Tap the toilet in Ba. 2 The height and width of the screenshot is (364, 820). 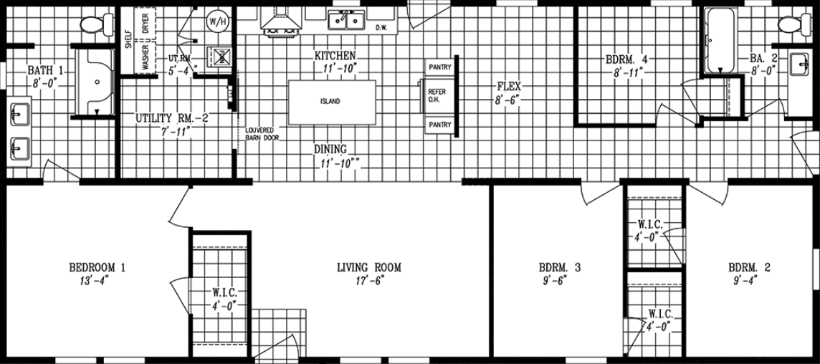(788, 24)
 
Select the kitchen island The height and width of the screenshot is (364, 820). (331, 102)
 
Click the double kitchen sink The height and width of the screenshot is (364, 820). (345, 21)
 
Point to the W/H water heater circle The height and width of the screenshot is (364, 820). (216, 21)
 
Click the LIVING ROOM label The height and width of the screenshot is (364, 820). (369, 268)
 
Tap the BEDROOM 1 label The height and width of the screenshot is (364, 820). (97, 268)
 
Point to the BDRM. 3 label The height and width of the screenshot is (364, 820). (559, 268)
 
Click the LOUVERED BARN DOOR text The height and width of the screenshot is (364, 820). (262, 134)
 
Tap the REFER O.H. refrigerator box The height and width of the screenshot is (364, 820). (437, 96)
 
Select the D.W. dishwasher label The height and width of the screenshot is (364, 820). (381, 28)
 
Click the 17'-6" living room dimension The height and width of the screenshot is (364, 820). (369, 281)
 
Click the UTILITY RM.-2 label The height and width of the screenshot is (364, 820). (172, 118)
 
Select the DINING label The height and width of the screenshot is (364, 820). (330, 149)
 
